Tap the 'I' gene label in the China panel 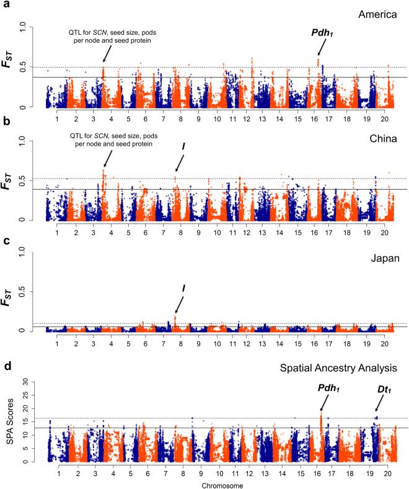click(x=183, y=146)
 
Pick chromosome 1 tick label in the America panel click(x=56, y=118)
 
